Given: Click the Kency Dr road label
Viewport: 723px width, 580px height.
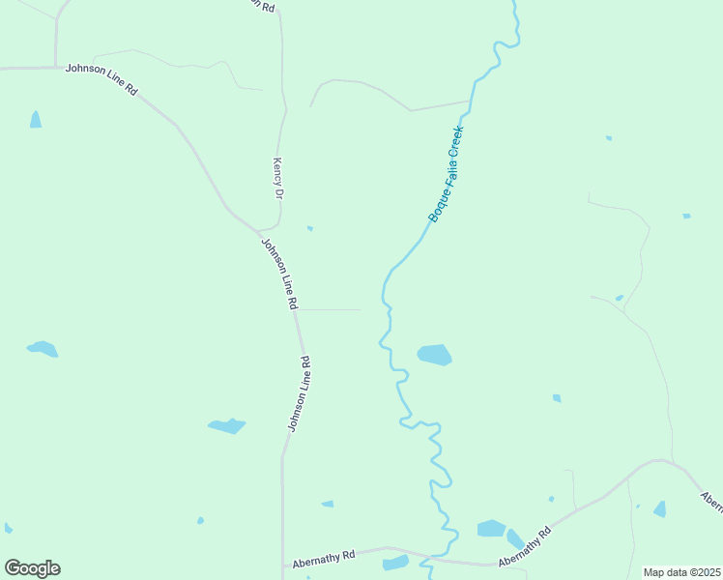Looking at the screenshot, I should coord(278,179).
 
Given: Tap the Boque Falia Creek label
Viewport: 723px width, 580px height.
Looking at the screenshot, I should coord(447,174).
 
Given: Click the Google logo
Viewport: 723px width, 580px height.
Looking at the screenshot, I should coord(32,568).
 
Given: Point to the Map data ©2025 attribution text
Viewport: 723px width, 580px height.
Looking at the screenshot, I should coord(681,572).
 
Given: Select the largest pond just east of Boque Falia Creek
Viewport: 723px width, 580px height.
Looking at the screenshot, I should coord(435,355).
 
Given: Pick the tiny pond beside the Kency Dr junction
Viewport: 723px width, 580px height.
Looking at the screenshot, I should coord(309,228).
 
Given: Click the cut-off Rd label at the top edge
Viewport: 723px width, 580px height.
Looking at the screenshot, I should coord(260,5).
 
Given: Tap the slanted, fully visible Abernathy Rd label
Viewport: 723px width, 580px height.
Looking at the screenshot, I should coord(525,547).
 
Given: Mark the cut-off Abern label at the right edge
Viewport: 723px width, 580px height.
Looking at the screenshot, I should coord(711,500).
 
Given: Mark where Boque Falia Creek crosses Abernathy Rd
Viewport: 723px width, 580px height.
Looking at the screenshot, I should coord(431,558).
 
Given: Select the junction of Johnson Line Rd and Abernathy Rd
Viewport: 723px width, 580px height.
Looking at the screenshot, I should coord(283,565).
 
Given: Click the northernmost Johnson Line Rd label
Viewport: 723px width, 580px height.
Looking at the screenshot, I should coord(101,80).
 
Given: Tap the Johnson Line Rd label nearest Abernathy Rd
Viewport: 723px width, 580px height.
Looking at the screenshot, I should coord(298,394).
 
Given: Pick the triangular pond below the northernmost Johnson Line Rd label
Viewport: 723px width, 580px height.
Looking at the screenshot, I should coord(36,120).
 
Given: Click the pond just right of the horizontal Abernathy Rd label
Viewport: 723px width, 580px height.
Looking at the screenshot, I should coord(396,563).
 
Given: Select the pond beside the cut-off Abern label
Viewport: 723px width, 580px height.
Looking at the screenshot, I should coord(660,508).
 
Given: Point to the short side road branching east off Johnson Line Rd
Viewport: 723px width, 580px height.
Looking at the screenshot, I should coord(329,310).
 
